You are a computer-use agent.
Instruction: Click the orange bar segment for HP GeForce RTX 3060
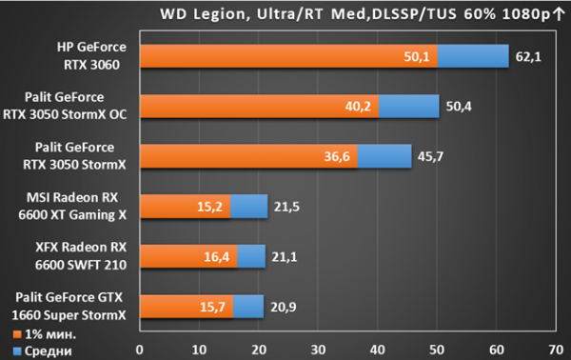(x=288, y=56)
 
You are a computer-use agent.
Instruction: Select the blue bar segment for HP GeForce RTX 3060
(x=473, y=56)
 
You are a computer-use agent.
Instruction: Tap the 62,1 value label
(x=528, y=57)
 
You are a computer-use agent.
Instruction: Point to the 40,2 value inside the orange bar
(x=358, y=107)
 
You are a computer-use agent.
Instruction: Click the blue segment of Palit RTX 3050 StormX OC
(x=409, y=107)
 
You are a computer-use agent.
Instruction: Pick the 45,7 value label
(x=430, y=157)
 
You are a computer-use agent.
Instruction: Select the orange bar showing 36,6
(x=248, y=156)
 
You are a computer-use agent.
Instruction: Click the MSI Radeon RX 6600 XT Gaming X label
(x=72, y=207)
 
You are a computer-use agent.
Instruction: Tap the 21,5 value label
(x=286, y=207)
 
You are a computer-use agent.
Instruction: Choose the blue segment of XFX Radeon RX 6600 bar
(x=251, y=256)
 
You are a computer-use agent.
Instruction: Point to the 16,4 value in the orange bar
(x=216, y=257)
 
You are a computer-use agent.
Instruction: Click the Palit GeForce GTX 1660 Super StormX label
(x=69, y=306)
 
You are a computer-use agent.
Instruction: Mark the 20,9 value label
(x=283, y=308)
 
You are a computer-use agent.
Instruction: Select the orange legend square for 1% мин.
(x=17, y=334)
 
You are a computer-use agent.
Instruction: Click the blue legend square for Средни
(x=17, y=351)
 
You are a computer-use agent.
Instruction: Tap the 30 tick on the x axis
(x=318, y=350)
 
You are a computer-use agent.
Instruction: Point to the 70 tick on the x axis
(x=556, y=350)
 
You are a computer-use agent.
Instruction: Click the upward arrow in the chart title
(x=559, y=14)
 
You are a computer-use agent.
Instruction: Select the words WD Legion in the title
(x=204, y=14)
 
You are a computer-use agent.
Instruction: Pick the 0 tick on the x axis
(x=140, y=350)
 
